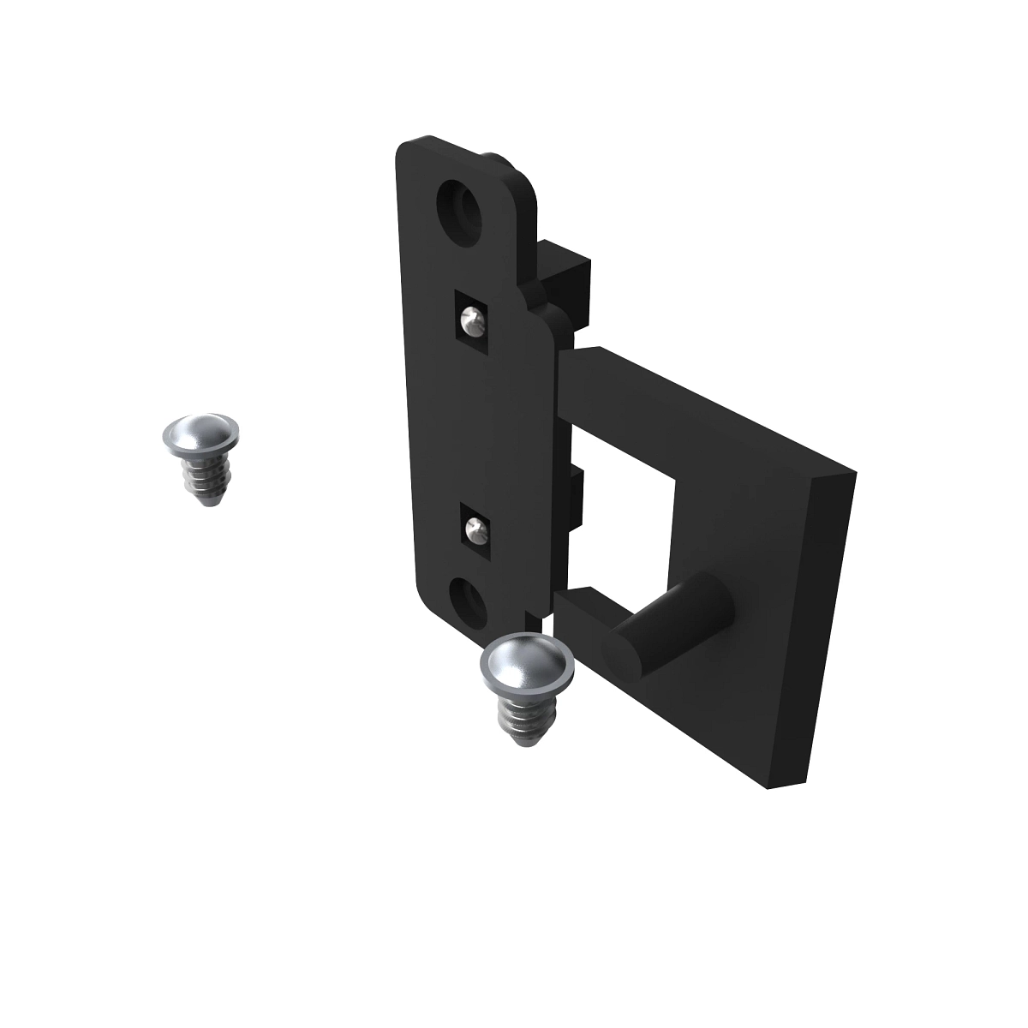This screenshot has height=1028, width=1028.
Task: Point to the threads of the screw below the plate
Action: pos(519,718)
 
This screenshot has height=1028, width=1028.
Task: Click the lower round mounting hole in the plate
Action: pos(468,598)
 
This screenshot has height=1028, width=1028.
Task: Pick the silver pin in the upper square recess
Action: pos(469,323)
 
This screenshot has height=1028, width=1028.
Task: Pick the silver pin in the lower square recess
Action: pos(474,532)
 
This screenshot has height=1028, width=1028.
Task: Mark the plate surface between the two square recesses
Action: pos(471,428)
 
